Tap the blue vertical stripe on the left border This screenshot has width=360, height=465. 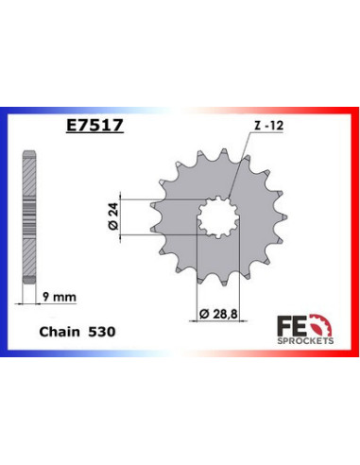[6, 232]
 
